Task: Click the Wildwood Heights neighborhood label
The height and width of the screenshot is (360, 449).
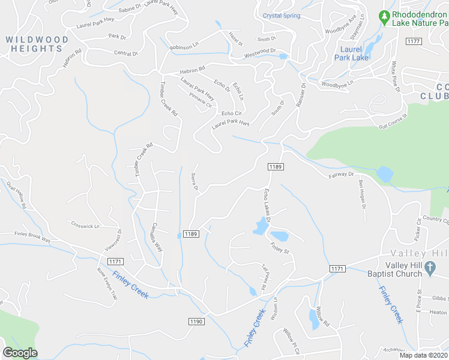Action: (37, 44)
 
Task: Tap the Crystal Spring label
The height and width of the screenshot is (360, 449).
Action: (281, 15)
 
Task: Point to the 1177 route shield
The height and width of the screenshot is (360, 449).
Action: (413, 41)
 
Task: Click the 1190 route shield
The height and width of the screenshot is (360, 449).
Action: (196, 322)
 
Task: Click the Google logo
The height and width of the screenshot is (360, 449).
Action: (20, 353)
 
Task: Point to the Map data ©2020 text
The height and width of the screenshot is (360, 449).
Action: (424, 355)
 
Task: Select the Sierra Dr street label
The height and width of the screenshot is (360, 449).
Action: (195, 182)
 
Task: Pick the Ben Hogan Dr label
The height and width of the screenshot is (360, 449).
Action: (363, 193)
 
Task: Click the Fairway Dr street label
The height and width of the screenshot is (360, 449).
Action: (342, 175)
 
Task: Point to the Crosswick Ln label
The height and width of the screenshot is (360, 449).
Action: (85, 225)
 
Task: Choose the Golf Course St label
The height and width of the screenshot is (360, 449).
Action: (393, 122)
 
